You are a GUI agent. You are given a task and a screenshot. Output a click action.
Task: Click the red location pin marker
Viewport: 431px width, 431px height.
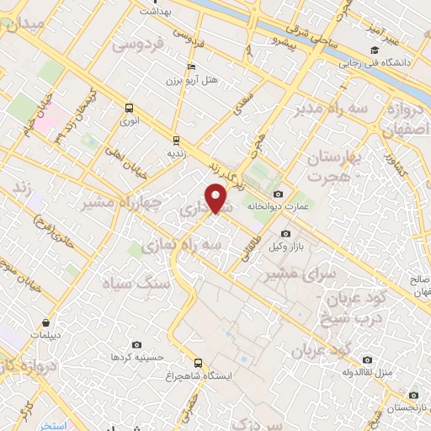[x=216, y=199]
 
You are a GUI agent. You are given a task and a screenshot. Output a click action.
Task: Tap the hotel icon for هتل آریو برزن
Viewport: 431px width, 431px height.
[x=191, y=67]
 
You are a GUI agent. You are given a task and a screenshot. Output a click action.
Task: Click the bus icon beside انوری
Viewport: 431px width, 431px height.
[x=129, y=108]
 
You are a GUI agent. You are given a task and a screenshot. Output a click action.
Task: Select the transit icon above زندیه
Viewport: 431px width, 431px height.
[x=176, y=140]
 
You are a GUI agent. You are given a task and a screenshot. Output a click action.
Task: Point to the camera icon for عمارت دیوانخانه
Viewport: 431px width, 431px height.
[x=278, y=194]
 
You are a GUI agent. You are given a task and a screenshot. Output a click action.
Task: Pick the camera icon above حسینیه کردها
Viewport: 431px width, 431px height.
[x=137, y=345]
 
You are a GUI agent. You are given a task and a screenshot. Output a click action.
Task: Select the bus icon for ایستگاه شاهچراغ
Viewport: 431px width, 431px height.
[x=198, y=363]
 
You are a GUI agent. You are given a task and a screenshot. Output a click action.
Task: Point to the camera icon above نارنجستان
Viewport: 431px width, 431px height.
[x=412, y=395]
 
